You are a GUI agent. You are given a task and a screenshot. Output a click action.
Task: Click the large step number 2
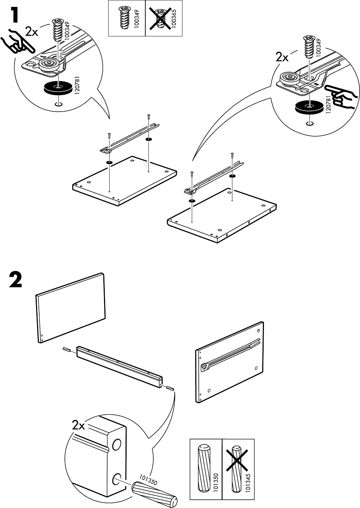pos(15,281)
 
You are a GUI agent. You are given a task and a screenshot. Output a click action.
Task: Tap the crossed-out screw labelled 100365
pos(160,18)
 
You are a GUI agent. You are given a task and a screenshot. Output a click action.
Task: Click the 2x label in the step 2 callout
pos(79,425)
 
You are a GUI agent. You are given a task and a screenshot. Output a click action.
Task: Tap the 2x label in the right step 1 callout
pos(282,58)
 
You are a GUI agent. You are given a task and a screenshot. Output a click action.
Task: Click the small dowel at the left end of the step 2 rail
pos(67,350)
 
